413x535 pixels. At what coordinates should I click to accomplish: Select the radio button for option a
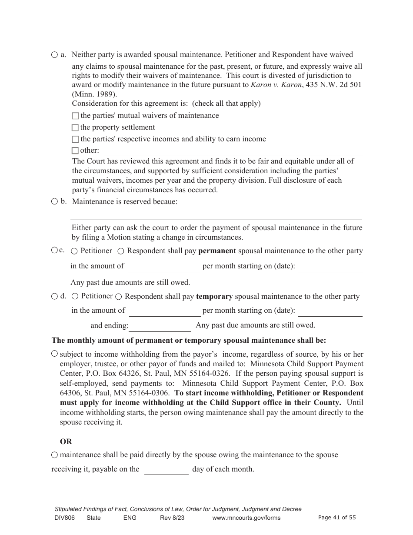point(54,55)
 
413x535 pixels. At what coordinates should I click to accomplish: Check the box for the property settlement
point(75,128)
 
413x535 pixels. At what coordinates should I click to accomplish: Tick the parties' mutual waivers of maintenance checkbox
point(75,116)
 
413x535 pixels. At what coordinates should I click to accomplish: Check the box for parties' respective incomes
point(75,140)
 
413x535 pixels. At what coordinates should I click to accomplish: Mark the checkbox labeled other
point(75,151)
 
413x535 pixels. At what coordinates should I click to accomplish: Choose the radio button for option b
point(54,201)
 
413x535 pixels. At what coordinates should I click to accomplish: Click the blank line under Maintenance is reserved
point(216,215)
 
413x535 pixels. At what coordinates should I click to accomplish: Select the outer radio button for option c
point(54,250)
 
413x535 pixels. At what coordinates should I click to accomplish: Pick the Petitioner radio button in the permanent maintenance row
point(75,251)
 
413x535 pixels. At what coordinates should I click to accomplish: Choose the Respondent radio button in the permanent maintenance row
point(121,251)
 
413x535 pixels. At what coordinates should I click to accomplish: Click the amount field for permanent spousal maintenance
point(164,267)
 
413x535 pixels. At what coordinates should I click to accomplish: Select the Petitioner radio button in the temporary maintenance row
point(75,296)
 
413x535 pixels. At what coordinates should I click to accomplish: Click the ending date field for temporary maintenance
point(160,326)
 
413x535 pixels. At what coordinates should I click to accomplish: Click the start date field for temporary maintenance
point(330,311)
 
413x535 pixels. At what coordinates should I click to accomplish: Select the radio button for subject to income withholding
point(54,354)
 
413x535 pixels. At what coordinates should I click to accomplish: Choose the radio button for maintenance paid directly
point(54,455)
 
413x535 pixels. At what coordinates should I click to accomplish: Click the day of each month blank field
point(166,470)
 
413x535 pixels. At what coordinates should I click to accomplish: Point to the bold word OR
point(66,441)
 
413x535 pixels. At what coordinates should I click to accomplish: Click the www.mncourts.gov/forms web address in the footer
point(246,518)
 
